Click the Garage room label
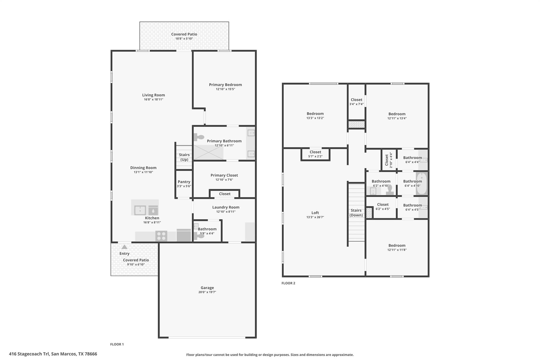tap(207, 288)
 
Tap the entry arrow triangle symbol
tap(124, 247)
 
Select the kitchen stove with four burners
tap(161, 236)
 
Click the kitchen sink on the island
tap(140, 210)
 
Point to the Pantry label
tap(184, 182)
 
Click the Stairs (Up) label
tap(184, 157)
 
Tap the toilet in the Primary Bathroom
tap(199, 137)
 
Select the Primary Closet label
tap(224, 175)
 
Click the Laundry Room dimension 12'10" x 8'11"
tap(226, 212)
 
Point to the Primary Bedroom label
tap(225, 85)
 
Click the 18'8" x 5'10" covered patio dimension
tap(184, 39)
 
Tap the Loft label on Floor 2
tap(315, 213)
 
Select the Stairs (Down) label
tap(356, 213)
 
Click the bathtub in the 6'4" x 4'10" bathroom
tap(421, 183)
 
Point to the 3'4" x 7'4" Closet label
tap(356, 100)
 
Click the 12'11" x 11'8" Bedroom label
tap(397, 245)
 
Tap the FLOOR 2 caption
tap(288, 283)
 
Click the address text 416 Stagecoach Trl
tap(29, 354)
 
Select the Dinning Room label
tap(143, 168)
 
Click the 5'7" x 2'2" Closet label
tap(315, 152)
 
